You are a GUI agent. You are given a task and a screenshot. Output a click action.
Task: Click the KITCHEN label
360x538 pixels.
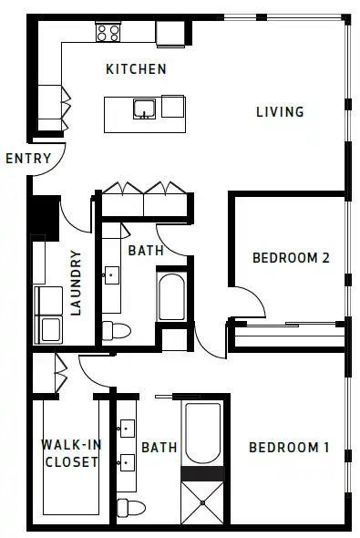pyautogui.click(x=136, y=69)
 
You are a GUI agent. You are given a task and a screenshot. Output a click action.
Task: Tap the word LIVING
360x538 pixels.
pyautogui.click(x=279, y=112)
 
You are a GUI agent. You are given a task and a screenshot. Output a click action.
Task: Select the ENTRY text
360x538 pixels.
pyautogui.click(x=28, y=159)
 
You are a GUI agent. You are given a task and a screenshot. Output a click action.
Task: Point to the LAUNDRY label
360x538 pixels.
pyautogui.click(x=76, y=283)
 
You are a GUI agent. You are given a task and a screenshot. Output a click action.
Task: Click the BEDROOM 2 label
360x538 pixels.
pyautogui.click(x=290, y=258)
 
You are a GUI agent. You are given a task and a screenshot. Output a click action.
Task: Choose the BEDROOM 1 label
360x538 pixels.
pyautogui.click(x=289, y=447)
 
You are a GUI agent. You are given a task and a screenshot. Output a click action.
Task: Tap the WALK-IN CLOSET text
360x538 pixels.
pyautogui.click(x=70, y=453)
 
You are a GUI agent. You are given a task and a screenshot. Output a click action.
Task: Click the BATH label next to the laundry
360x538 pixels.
pyautogui.click(x=145, y=250)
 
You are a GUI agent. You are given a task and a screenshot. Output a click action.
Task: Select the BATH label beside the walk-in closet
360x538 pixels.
pyautogui.click(x=159, y=447)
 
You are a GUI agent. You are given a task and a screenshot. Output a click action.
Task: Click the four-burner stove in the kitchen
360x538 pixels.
pyautogui.click(x=108, y=33)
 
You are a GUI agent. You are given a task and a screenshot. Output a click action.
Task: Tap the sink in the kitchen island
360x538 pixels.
pyautogui.click(x=143, y=109)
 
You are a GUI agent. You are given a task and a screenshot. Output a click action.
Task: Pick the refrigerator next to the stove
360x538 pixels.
pyautogui.click(x=170, y=33)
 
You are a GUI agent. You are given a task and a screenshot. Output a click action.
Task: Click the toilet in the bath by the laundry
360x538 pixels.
pyautogui.click(x=115, y=329)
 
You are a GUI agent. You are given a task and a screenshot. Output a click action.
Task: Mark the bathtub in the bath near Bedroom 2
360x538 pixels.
pyautogui.click(x=171, y=295)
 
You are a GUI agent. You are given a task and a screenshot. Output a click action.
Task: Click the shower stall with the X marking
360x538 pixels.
pyautogui.click(x=202, y=503)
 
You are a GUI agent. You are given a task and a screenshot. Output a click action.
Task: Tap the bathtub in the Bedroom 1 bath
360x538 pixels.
pyautogui.click(x=202, y=434)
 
